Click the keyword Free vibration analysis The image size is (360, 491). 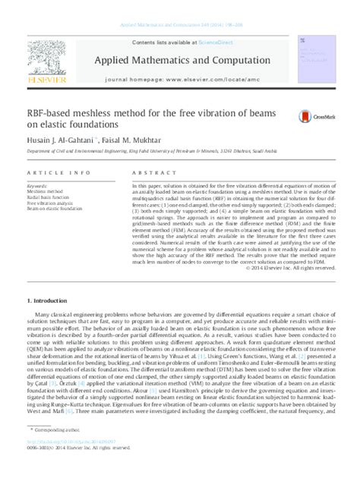click(x=50, y=203)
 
